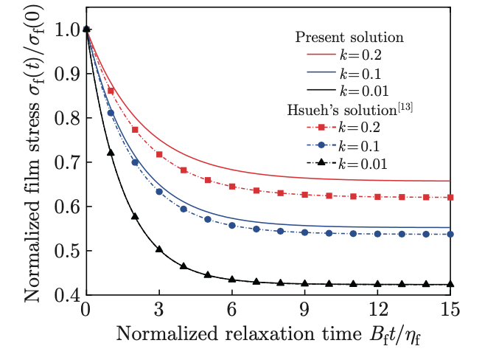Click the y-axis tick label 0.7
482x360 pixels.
pyautogui.click(x=66, y=162)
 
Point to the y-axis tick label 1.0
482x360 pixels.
pyautogui.click(x=66, y=30)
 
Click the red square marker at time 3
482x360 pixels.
pyautogui.click(x=159, y=154)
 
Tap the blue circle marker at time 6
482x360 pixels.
pyautogui.click(x=232, y=225)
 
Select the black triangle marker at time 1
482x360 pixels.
pyautogui.click(x=111, y=153)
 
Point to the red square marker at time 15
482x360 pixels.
pyautogui.click(x=450, y=197)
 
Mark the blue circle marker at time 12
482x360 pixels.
pyautogui.click(x=377, y=234)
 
